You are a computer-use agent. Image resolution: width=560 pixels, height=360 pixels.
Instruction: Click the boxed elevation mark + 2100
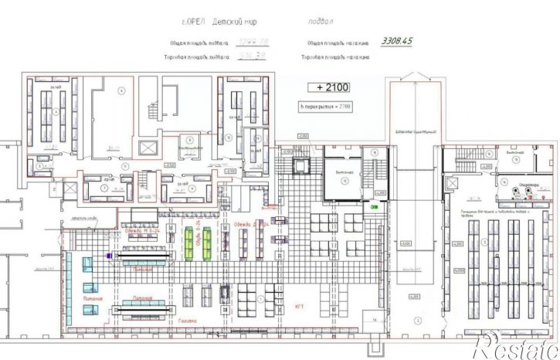pos(324,87)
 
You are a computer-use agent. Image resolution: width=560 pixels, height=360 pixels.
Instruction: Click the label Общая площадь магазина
pos(338,44)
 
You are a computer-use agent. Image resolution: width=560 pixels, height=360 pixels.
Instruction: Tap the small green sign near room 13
pos(375,207)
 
